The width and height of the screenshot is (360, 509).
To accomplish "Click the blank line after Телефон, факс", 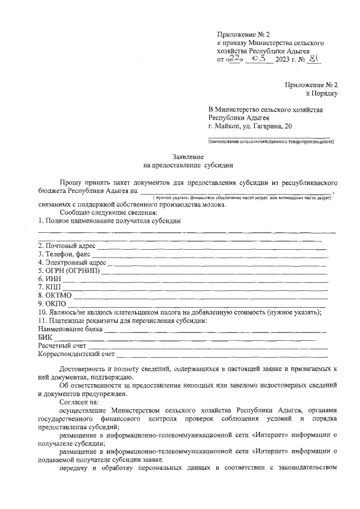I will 208,256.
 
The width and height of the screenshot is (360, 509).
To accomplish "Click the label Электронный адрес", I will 72,262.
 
